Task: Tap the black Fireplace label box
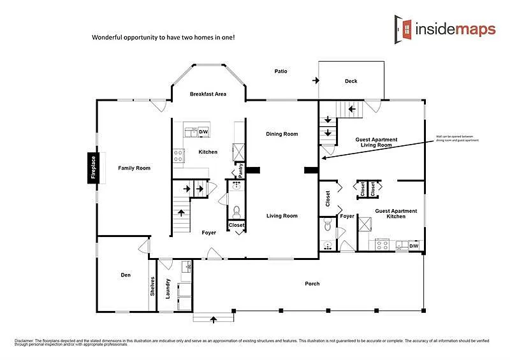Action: [x=92, y=169]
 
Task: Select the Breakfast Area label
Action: [x=208, y=94]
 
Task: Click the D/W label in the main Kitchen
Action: [x=203, y=132]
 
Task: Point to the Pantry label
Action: [x=241, y=170]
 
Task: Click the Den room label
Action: [x=126, y=275]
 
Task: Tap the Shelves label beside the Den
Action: [x=152, y=285]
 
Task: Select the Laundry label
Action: [x=168, y=289]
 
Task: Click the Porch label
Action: [x=312, y=284]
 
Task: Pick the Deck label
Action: [x=351, y=81]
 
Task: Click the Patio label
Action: [x=280, y=71]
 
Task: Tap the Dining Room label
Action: [x=282, y=134]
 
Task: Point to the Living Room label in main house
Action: [x=282, y=216]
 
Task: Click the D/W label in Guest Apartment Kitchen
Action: [x=413, y=245]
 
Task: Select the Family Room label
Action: [x=134, y=168]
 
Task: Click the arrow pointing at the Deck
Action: [x=316, y=81]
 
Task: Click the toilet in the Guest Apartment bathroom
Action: [x=328, y=224]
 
